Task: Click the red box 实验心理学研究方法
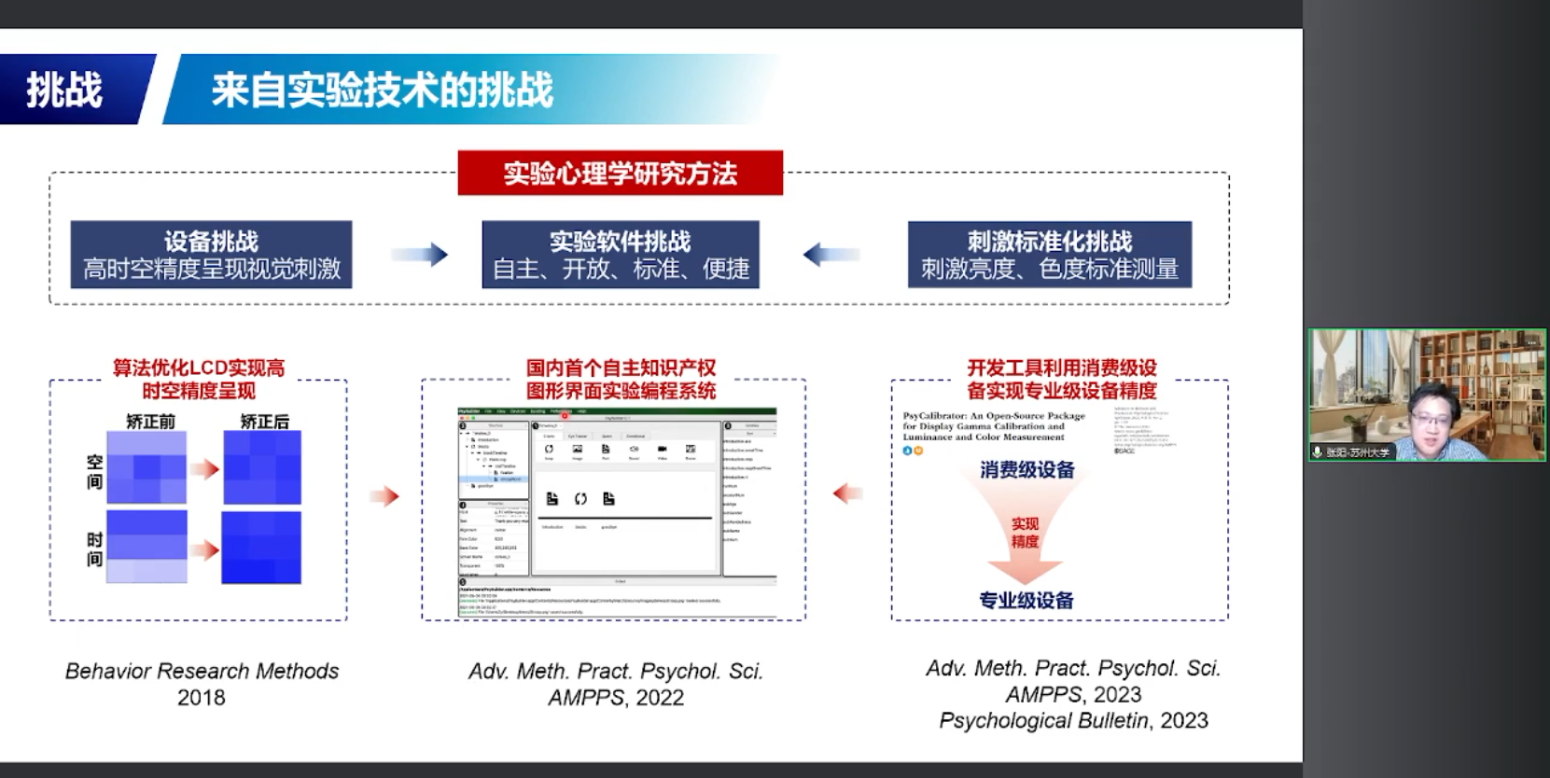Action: pyautogui.click(x=620, y=174)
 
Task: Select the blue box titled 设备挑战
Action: pyautogui.click(x=211, y=255)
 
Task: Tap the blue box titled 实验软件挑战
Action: pyautogui.click(x=621, y=255)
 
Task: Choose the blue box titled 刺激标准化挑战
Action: pyautogui.click(x=1049, y=255)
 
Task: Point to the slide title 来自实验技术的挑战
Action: pyautogui.click(x=383, y=90)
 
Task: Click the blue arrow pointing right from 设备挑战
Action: pyautogui.click(x=419, y=255)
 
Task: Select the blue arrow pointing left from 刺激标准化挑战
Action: pyautogui.click(x=831, y=254)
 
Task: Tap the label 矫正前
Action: pyautogui.click(x=150, y=422)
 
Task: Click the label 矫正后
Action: pyautogui.click(x=265, y=422)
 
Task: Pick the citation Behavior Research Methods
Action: pyautogui.click(x=202, y=671)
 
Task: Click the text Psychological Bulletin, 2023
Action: pyautogui.click(x=1073, y=720)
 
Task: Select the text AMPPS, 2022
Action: pyautogui.click(x=616, y=698)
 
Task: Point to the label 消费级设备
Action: pyautogui.click(x=1026, y=470)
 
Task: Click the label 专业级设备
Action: pyautogui.click(x=1026, y=600)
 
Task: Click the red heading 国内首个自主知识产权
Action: pyautogui.click(x=621, y=368)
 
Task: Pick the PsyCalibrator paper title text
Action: pyautogui.click(x=993, y=426)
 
